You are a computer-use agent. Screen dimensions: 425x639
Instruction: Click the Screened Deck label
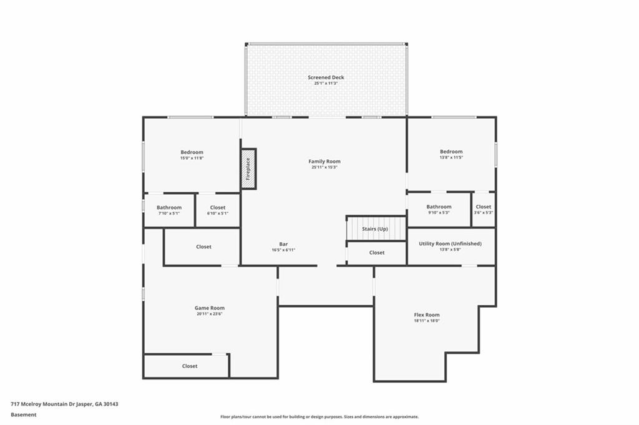pos(326,77)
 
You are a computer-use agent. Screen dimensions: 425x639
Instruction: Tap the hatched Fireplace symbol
pos(248,169)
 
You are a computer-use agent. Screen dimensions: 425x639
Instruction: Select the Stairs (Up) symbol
pos(375,228)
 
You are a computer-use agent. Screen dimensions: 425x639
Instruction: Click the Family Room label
pos(324,161)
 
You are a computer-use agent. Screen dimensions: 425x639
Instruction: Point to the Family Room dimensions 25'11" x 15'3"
pos(324,167)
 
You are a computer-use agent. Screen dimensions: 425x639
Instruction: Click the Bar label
pos(283,244)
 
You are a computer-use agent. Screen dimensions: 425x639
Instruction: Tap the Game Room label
pos(209,308)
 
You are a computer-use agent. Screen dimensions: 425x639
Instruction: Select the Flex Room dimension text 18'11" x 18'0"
pos(427,321)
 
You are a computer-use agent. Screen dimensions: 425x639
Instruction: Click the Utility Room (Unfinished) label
pos(450,243)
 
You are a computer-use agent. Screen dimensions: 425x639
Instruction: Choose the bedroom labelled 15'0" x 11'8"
pos(192,155)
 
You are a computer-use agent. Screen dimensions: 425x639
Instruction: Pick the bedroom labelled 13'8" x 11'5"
pos(451,154)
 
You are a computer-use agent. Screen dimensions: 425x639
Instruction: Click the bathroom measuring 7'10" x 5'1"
pos(169,210)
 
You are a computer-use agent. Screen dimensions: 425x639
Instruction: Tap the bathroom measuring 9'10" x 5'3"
pos(439,209)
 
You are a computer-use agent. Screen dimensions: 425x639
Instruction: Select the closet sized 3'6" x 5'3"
pos(484,209)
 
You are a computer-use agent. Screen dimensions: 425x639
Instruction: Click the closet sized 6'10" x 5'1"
pos(218,210)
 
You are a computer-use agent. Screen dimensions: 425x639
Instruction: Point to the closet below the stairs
pos(377,253)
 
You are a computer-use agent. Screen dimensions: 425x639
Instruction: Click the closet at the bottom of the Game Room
pos(190,366)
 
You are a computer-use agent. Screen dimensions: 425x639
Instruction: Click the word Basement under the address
pos(24,414)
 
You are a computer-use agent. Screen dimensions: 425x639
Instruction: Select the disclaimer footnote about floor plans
pos(319,417)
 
